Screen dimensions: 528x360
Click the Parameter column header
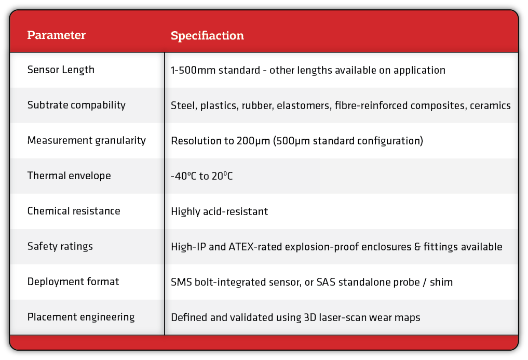tap(57, 35)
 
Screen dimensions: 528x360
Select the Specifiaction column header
tap(207, 36)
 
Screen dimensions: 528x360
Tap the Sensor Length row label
tap(61, 70)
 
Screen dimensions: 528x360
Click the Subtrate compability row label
tap(76, 105)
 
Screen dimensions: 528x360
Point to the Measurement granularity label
tap(87, 140)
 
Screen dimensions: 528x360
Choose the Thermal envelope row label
tap(69, 176)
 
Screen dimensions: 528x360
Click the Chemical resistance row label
tap(74, 211)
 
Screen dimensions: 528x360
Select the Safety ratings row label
tap(60, 246)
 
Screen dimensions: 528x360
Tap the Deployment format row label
tap(73, 282)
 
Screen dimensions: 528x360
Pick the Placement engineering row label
tap(81, 317)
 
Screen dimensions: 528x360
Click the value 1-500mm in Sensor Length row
tap(193, 70)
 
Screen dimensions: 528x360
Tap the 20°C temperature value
tap(222, 176)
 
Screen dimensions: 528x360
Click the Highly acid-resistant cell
tap(219, 211)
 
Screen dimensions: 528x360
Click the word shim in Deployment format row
tap(441, 282)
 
